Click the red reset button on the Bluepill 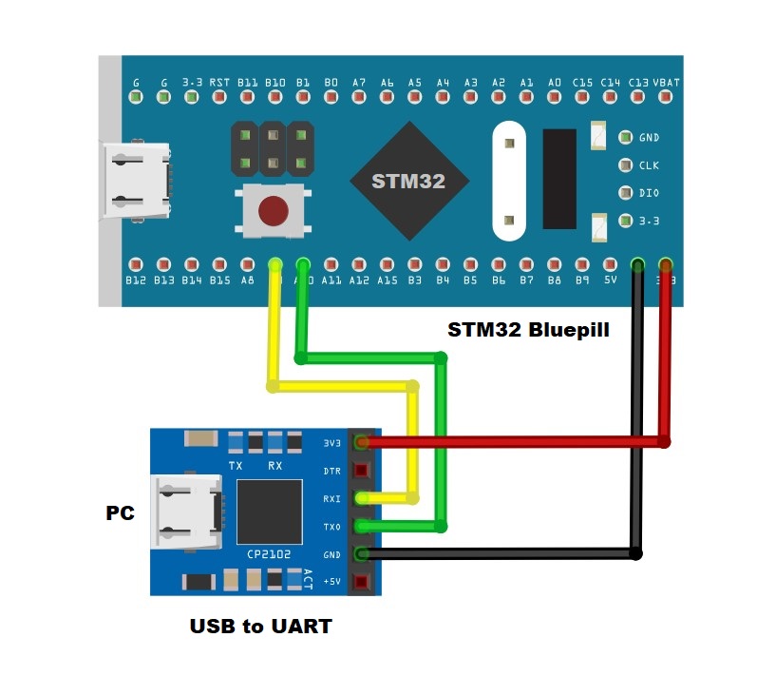(x=274, y=209)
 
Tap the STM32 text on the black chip (x=407, y=181)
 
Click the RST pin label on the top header (x=219, y=83)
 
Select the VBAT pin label (x=667, y=83)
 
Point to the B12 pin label (x=136, y=280)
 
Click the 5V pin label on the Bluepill (x=611, y=280)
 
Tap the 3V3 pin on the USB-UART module (x=361, y=442)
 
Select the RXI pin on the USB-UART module (x=361, y=497)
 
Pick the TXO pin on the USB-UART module (x=361, y=525)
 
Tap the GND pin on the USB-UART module (x=361, y=553)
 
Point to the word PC (x=120, y=513)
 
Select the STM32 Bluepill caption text (x=528, y=331)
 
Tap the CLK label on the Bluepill (x=649, y=165)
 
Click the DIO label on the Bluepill (x=649, y=193)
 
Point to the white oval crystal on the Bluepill (x=509, y=181)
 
